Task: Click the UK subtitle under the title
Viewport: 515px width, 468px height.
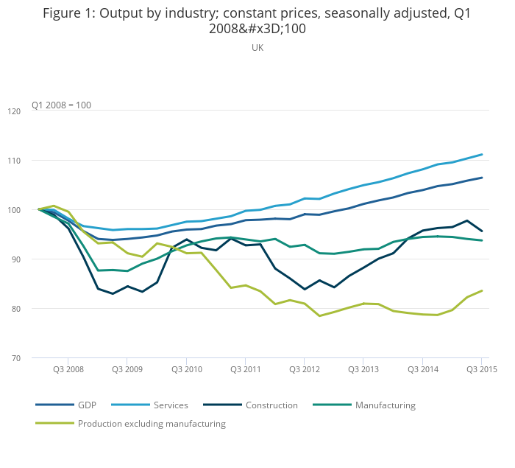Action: [x=257, y=48]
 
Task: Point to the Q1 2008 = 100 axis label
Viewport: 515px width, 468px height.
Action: [x=61, y=105]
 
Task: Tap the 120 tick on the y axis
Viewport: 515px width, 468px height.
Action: [x=14, y=111]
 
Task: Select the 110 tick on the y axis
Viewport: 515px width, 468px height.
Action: [x=14, y=161]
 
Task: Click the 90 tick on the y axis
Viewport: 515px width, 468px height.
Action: [x=14, y=259]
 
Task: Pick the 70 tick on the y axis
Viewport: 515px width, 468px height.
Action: [x=14, y=358]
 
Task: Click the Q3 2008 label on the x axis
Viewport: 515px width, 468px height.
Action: [x=68, y=369]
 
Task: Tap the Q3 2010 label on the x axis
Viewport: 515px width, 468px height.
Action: [x=186, y=369]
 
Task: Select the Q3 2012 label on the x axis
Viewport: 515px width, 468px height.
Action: [x=304, y=369]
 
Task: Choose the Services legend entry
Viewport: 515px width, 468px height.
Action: [x=171, y=405]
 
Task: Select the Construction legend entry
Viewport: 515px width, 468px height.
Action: [x=271, y=405]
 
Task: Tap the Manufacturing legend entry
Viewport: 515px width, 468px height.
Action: [x=385, y=405]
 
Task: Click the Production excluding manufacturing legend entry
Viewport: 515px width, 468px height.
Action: [x=152, y=424]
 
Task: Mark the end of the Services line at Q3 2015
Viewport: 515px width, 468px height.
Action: [x=482, y=155]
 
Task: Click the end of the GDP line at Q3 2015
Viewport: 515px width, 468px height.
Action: [x=482, y=178]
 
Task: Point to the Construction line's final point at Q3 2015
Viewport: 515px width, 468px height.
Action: [x=482, y=231]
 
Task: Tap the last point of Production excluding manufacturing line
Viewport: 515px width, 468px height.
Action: [x=482, y=290]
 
